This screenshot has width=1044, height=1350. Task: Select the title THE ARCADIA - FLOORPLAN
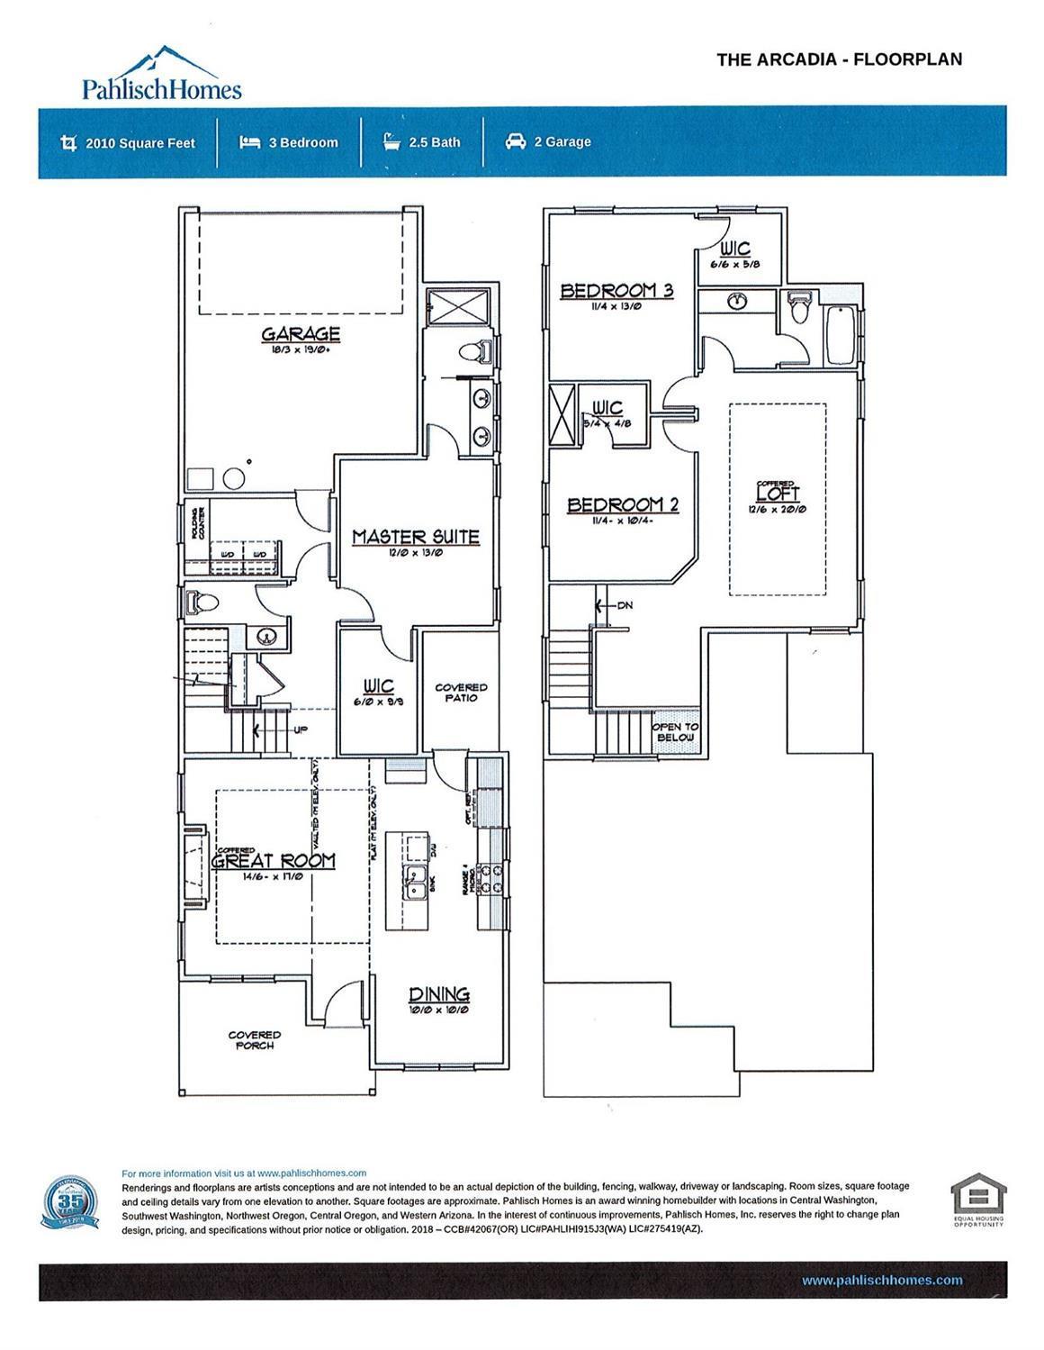(839, 59)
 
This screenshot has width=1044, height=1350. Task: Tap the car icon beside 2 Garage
(515, 141)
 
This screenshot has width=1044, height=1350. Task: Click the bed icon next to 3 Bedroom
(249, 141)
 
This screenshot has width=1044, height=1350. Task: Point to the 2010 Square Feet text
(139, 142)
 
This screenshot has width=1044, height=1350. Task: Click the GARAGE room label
(301, 335)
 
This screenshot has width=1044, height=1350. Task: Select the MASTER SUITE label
(415, 537)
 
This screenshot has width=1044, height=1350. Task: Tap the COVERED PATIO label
(461, 693)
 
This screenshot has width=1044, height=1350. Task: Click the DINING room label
(439, 994)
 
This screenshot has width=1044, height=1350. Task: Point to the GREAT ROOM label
(274, 860)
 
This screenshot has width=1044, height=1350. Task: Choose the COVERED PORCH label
(255, 1040)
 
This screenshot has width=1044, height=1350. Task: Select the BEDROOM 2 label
(622, 505)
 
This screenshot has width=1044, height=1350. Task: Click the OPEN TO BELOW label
(675, 731)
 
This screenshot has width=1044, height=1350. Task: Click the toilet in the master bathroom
(473, 349)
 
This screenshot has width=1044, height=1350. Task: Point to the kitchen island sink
(416, 883)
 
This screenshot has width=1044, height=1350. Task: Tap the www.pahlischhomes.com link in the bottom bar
(881, 1280)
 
